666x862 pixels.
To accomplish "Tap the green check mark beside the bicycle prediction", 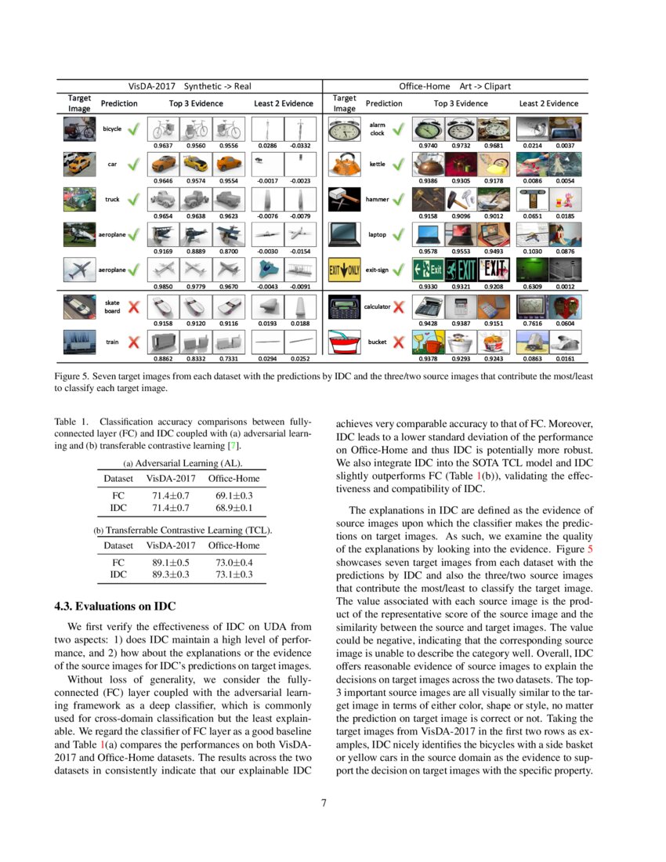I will point(133,129).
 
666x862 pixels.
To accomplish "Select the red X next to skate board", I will point(134,306).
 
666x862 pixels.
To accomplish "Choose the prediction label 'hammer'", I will point(377,199).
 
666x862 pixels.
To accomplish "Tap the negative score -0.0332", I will point(299,145).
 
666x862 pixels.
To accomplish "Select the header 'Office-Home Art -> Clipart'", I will point(461,85).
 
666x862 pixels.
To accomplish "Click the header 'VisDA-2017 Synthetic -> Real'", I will point(190,85).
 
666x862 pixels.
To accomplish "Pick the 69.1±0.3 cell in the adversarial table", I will point(233,496).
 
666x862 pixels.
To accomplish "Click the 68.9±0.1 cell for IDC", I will point(233,508).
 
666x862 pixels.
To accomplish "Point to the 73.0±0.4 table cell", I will point(233,562).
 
